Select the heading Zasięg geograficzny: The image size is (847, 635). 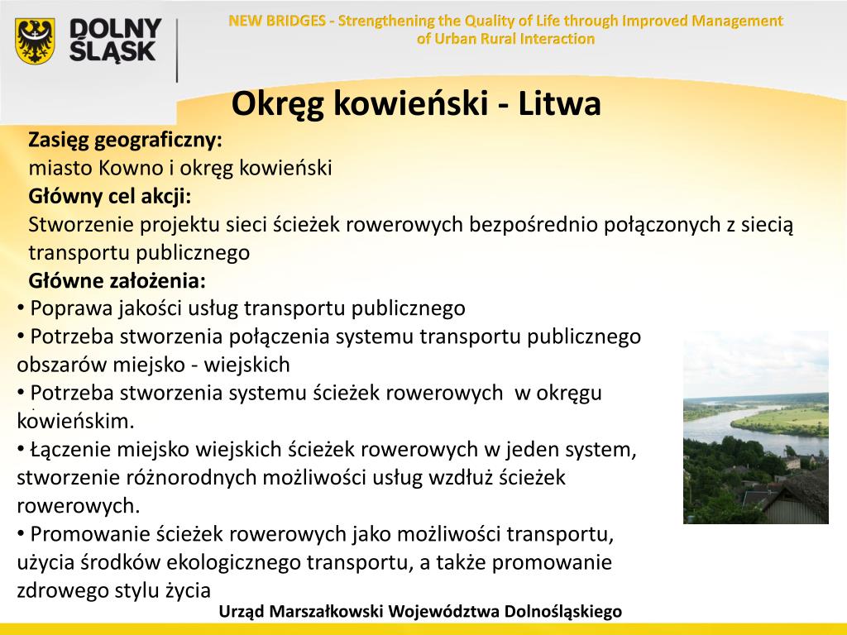click(x=126, y=140)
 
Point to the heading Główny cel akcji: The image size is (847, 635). click(x=110, y=196)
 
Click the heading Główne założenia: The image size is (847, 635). click(x=117, y=280)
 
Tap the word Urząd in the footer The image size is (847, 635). click(x=240, y=612)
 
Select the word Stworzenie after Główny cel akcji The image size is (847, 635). click(x=80, y=224)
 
